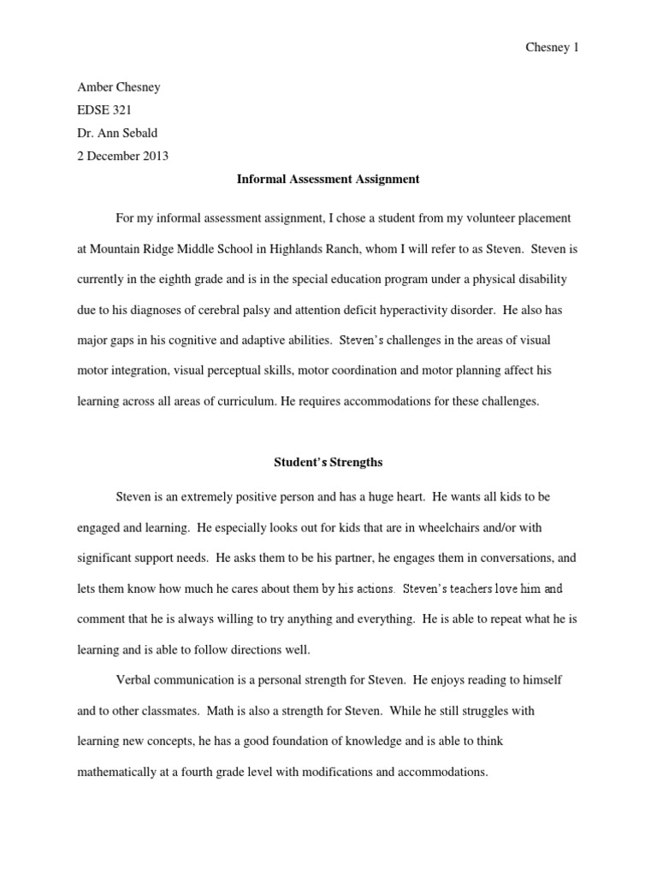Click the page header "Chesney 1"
tap(551, 48)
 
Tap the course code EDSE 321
tap(104, 110)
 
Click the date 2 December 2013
tap(122, 156)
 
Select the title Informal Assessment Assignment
tap(328, 180)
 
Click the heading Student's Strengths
tap(328, 463)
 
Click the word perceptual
tap(228, 370)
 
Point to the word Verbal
tap(133, 680)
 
